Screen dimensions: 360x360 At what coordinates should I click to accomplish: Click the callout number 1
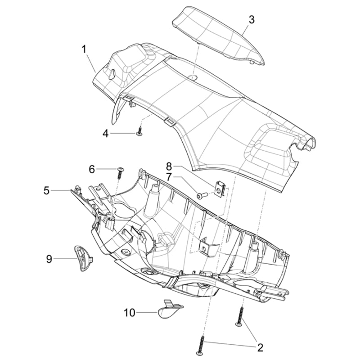84,49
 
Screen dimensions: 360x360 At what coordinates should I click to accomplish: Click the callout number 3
252,19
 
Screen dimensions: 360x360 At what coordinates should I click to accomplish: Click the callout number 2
260,347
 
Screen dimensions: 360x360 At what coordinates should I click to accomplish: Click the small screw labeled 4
139,132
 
